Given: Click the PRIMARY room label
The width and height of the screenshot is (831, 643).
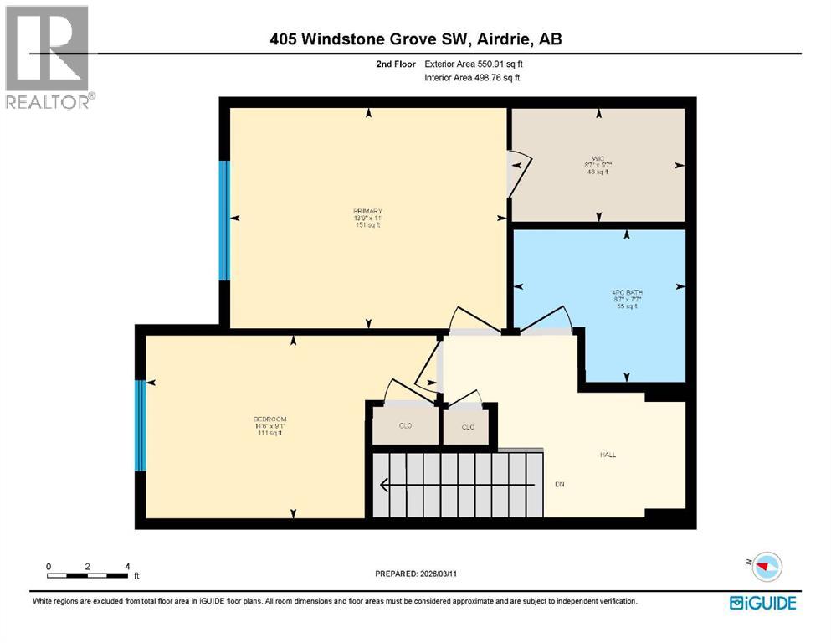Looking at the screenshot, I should click(367, 211).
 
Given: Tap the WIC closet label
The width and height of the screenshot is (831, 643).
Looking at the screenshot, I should click(598, 158).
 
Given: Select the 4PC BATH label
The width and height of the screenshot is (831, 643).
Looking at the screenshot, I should click(625, 293).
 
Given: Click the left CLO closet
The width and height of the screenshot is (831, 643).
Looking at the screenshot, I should click(405, 426).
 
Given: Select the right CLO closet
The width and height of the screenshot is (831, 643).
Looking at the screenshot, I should click(469, 426).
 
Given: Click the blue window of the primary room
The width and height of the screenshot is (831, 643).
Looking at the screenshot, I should click(223, 220).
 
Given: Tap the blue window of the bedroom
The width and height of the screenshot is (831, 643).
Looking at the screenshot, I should click(141, 425).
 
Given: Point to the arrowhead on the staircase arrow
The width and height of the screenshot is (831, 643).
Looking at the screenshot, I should click(383, 485).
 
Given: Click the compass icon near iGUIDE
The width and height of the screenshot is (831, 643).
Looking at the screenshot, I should click(765, 567).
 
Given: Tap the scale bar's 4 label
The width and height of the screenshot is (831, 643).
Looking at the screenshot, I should click(127, 567).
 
